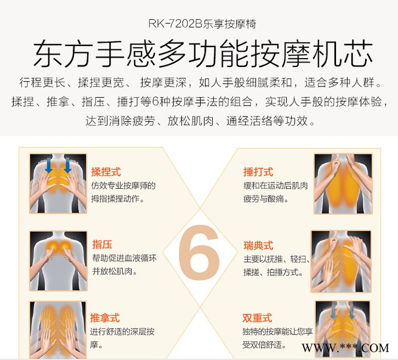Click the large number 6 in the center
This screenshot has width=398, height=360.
pyautogui.click(x=199, y=253)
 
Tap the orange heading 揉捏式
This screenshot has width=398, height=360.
pyautogui.click(x=106, y=172)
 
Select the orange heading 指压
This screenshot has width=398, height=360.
pyautogui.click(x=102, y=245)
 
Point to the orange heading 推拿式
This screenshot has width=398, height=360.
pyautogui.click(x=105, y=318)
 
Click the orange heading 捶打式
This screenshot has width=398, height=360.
pyautogui.click(x=258, y=172)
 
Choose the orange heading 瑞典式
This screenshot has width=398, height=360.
pyautogui.click(x=258, y=246)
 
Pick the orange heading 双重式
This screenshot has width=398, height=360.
pyautogui.click(x=257, y=318)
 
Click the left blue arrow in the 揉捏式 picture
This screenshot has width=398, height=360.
pyautogui.click(x=49, y=165)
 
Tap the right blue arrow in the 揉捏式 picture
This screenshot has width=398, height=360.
pyautogui.click(x=68, y=165)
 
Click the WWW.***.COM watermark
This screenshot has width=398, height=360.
pyautogui.click(x=345, y=348)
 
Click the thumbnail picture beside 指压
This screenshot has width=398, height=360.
pyautogui.click(x=59, y=260)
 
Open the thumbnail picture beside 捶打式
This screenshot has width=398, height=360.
pyautogui.click(x=343, y=184)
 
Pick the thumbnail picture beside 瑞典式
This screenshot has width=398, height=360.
pyautogui.click(x=341, y=262)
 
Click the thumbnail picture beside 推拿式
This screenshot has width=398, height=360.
pyautogui.click(x=58, y=329)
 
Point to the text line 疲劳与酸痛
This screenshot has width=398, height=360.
pyautogui.click(x=266, y=198)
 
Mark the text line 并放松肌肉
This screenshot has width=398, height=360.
pyautogui.click(x=115, y=271)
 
